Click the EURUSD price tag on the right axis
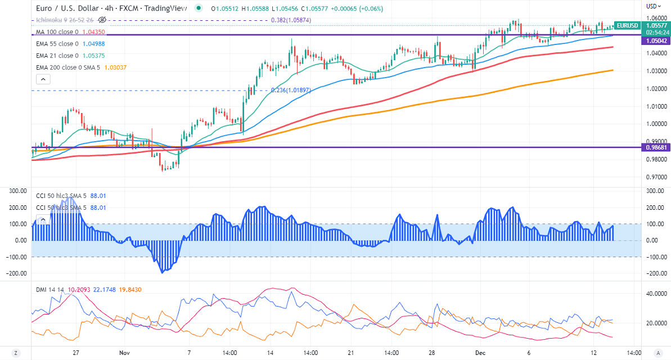(x=627, y=25)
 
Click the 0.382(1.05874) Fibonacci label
(x=291, y=20)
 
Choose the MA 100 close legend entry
(x=67, y=33)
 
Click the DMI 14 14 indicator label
(x=49, y=290)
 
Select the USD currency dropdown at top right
(x=653, y=6)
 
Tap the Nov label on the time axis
(x=124, y=353)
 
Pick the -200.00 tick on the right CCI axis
(x=654, y=273)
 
